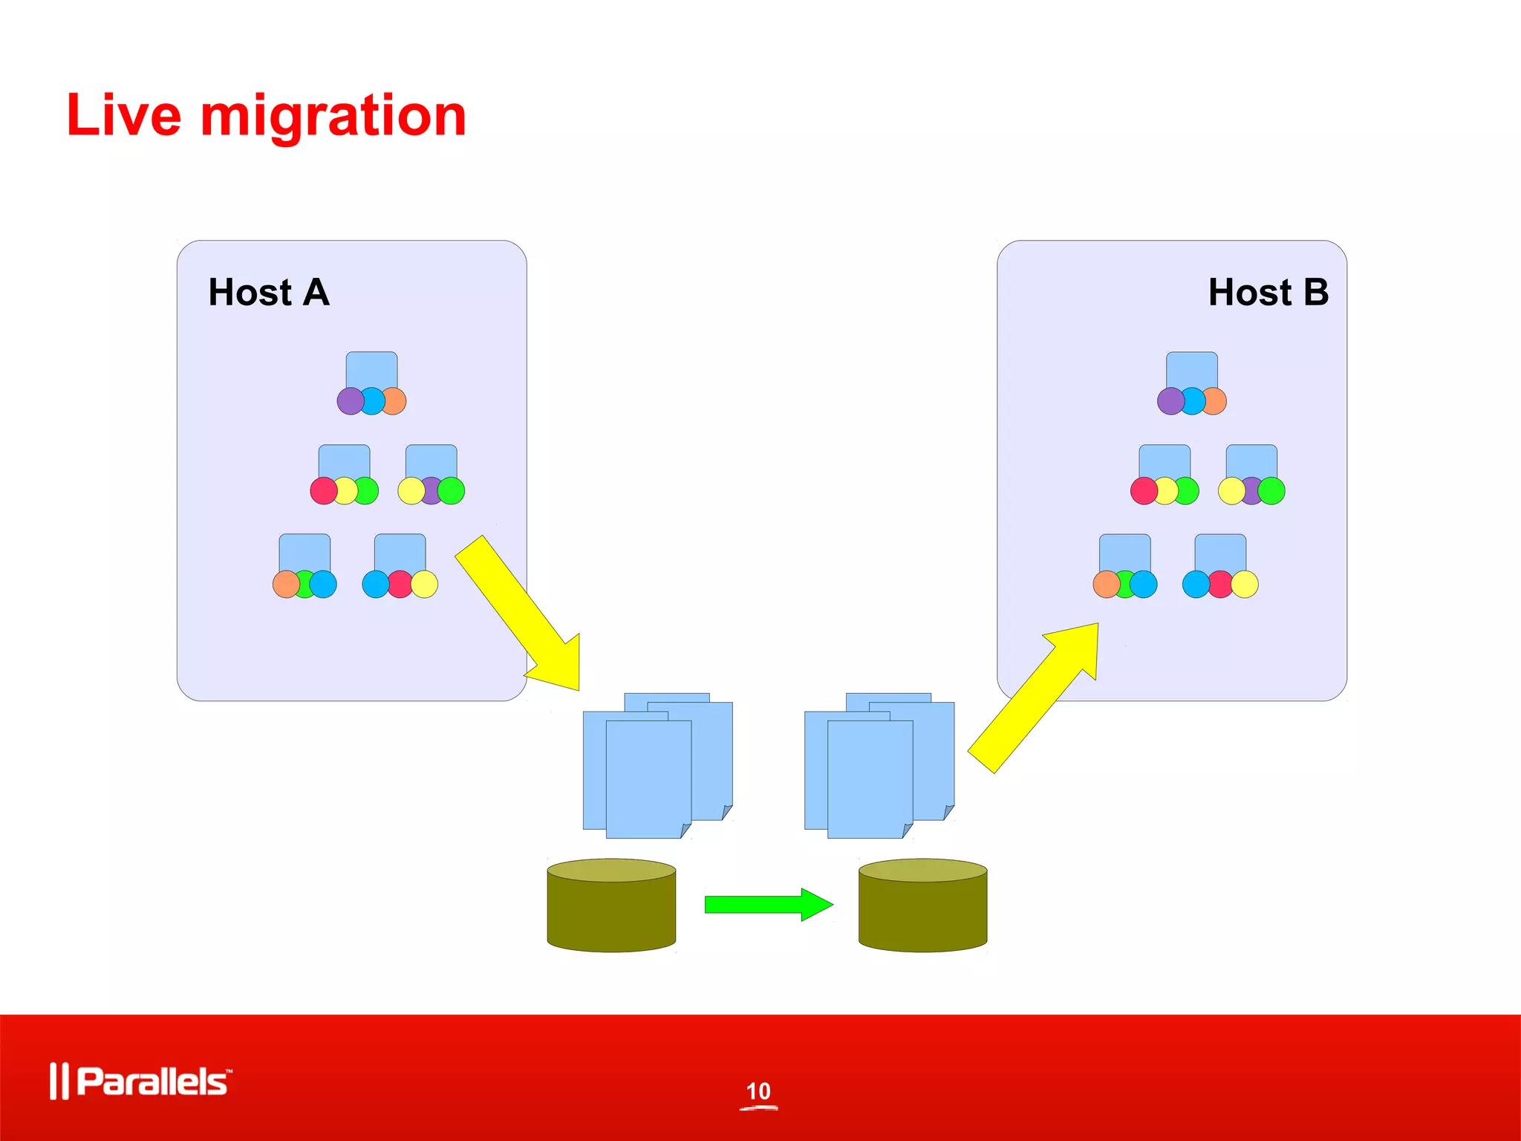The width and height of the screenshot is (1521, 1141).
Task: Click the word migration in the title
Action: [333, 117]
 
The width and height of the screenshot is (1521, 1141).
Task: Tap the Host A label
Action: [268, 292]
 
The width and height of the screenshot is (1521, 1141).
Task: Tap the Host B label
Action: [1268, 292]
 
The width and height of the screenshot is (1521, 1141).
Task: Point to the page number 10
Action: [758, 1091]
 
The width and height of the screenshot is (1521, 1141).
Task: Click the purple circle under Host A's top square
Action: [350, 401]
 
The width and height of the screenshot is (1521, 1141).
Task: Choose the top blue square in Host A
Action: [371, 369]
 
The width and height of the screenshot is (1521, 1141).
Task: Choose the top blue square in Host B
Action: [1191, 369]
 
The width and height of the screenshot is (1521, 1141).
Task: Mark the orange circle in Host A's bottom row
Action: [285, 585]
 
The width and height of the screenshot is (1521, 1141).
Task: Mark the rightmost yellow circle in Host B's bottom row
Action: [1245, 585]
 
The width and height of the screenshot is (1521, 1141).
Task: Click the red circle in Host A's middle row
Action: [323, 491]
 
